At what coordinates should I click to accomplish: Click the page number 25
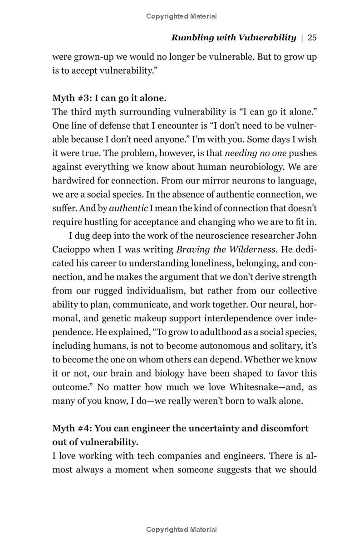tap(312, 38)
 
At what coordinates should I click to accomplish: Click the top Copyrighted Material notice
tap(181, 16)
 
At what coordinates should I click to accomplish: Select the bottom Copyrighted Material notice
tap(181, 529)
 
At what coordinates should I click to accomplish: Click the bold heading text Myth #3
tap(72, 98)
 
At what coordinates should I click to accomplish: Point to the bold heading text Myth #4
tap(72, 428)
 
